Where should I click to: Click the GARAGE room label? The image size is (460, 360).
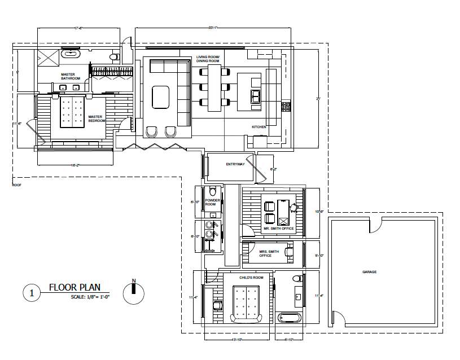(369, 272)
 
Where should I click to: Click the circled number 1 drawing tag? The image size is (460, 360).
(32, 293)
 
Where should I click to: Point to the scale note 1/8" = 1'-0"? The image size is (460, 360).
(90, 297)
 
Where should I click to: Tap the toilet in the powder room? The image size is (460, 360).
(212, 191)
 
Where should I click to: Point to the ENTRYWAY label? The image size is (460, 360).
(234, 164)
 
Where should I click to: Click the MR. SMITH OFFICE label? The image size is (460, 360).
(278, 229)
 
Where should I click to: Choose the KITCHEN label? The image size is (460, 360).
(259, 127)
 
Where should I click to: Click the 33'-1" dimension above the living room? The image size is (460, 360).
(213, 28)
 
